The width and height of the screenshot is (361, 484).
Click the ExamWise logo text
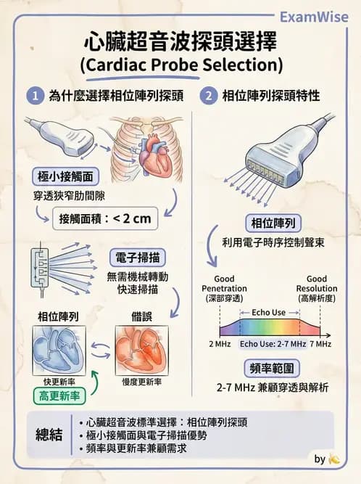click(314, 17)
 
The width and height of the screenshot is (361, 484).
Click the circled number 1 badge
click(35, 96)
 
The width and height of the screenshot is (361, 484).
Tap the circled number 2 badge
click(209, 96)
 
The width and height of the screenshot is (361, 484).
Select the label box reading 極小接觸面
click(65, 176)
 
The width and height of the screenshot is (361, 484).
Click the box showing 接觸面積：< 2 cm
click(105, 218)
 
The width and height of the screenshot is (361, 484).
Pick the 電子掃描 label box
click(138, 258)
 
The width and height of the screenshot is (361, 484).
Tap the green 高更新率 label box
click(59, 395)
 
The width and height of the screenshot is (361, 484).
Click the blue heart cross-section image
click(59, 350)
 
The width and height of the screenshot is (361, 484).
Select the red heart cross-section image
click(142, 350)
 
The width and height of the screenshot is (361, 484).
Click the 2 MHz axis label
click(220, 344)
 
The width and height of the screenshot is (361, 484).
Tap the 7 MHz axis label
click(320, 344)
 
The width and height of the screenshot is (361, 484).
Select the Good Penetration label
click(224, 289)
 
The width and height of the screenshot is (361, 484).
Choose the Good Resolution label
click(317, 289)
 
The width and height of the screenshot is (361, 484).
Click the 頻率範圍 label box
click(272, 368)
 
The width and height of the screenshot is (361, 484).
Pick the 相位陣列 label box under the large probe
click(273, 223)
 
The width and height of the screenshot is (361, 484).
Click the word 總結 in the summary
click(49, 435)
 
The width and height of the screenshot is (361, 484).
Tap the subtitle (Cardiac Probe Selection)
click(181, 65)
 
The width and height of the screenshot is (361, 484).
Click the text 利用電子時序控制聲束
click(273, 242)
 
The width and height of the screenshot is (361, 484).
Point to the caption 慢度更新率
click(142, 382)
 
